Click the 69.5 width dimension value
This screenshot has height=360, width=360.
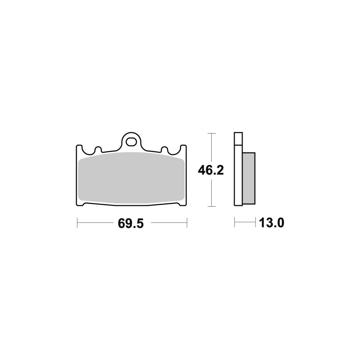131,223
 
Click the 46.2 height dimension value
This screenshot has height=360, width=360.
211,170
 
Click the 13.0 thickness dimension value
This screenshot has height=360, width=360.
271,223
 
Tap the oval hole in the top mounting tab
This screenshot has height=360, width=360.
131,141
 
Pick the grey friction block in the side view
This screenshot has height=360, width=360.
249,178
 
